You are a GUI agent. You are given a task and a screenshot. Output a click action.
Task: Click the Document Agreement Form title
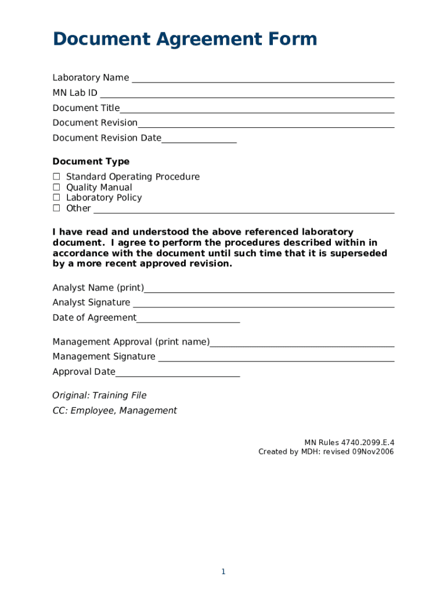[x=185, y=40]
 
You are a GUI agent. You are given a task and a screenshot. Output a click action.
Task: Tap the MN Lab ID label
[x=75, y=93]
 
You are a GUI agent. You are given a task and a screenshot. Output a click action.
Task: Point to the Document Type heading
[x=91, y=162]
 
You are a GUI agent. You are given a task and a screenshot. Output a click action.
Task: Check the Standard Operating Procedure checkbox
[x=57, y=177]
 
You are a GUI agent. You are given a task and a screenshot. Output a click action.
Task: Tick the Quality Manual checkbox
[x=57, y=187]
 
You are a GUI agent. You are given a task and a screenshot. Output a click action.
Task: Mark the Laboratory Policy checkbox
[x=57, y=198]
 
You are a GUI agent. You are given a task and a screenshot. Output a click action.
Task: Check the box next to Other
[x=57, y=208]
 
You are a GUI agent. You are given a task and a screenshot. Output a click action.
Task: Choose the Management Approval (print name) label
[x=131, y=342]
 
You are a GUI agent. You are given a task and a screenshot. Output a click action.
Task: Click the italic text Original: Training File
[x=99, y=396]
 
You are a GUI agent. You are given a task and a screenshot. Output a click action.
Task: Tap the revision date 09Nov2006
[x=373, y=452]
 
